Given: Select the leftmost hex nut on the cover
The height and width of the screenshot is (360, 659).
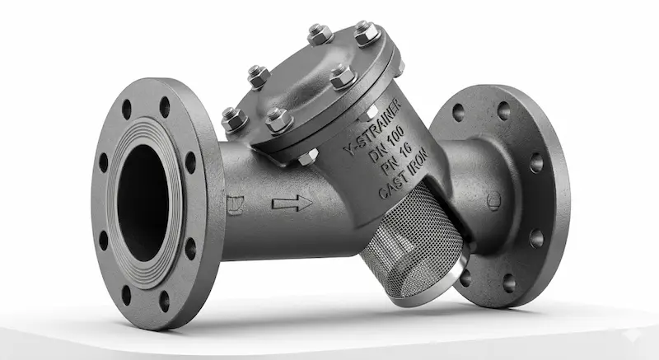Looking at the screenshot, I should tap(233, 120).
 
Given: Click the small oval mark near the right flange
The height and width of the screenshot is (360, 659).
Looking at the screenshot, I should tap(493, 198).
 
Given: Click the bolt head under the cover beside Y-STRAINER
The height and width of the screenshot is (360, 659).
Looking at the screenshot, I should tap(308, 156).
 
